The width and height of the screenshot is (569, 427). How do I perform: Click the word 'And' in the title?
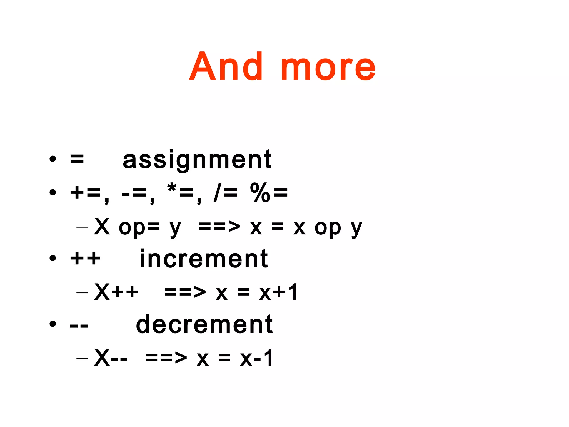pyautogui.click(x=226, y=67)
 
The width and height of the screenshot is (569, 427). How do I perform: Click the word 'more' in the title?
pyautogui.click(x=328, y=68)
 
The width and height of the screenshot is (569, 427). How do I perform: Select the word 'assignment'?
pyautogui.click(x=197, y=160)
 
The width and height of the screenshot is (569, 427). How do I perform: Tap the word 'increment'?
pyautogui.click(x=204, y=259)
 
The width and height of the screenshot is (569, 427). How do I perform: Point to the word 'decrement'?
pyautogui.click(x=204, y=324)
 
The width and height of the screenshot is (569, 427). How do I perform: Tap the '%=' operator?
pyautogui.click(x=269, y=192)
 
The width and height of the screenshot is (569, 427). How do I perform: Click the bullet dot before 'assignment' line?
pyautogui.click(x=53, y=159)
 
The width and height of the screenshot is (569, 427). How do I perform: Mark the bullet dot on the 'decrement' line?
pyautogui.click(x=53, y=324)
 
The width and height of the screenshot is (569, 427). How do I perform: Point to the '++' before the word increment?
pyautogui.click(x=85, y=259)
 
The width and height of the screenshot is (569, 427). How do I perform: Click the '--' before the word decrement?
pyautogui.click(x=79, y=325)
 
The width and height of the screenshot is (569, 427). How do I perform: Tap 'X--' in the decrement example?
pyautogui.click(x=111, y=358)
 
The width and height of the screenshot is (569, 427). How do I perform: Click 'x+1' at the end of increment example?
pyautogui.click(x=278, y=292)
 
